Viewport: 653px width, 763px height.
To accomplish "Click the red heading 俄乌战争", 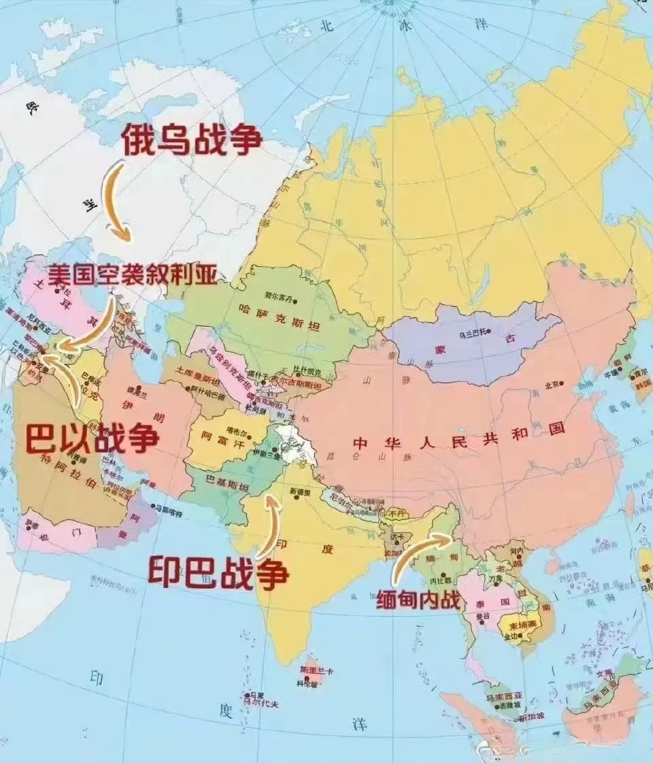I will tap(192, 141).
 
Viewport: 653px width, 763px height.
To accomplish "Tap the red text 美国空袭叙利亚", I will tap(132, 276).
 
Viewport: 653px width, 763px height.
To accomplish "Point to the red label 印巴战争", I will tap(218, 572).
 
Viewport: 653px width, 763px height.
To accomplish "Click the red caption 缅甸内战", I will tap(418, 600).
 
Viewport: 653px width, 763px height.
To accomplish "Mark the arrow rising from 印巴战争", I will tap(270, 525).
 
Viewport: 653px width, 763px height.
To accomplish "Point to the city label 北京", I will tap(553, 385).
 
